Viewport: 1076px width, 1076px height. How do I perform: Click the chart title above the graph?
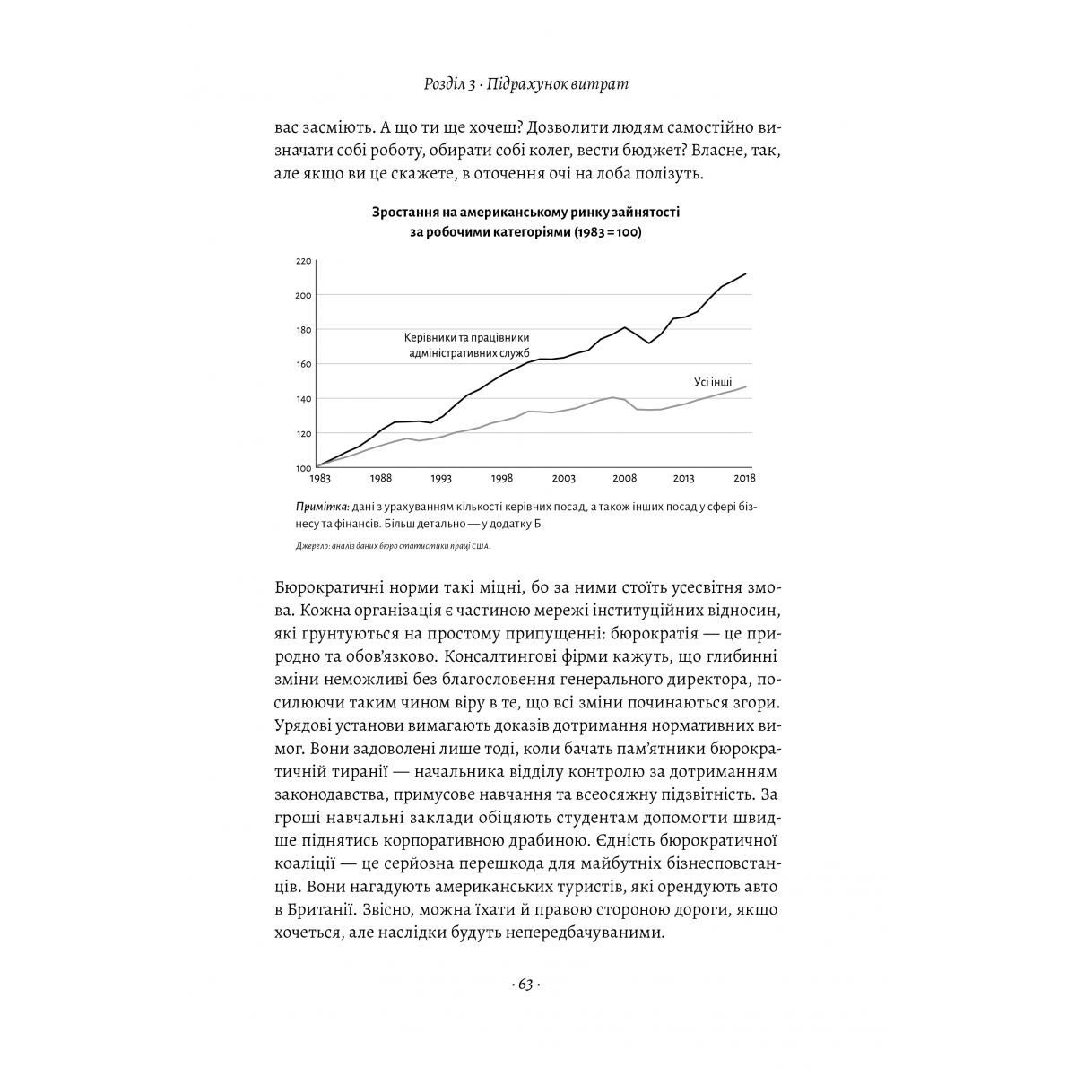(x=525, y=221)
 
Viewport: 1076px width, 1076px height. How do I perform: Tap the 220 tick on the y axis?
(x=302, y=261)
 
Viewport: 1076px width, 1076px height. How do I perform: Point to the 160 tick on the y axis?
(x=302, y=364)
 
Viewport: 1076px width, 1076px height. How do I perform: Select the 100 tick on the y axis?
(x=302, y=468)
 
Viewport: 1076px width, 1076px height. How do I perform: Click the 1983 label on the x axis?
(x=319, y=479)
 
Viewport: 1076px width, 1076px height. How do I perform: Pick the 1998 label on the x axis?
(x=502, y=479)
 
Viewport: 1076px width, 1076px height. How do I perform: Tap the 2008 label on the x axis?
(x=624, y=479)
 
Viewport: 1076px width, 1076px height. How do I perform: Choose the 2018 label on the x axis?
(x=744, y=479)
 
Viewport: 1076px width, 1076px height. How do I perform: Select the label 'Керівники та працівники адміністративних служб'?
(x=467, y=346)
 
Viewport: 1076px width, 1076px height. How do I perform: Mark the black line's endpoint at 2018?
(x=746, y=273)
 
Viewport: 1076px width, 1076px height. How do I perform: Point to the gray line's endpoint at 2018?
(x=746, y=386)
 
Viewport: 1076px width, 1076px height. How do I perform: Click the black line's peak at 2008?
(x=625, y=327)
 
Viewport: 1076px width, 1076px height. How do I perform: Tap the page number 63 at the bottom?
(x=525, y=985)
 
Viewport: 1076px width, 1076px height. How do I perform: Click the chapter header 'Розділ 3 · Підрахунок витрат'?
(x=525, y=84)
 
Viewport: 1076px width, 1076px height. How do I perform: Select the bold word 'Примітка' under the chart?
(x=321, y=507)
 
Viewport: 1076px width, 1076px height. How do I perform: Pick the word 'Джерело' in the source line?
(x=313, y=546)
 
